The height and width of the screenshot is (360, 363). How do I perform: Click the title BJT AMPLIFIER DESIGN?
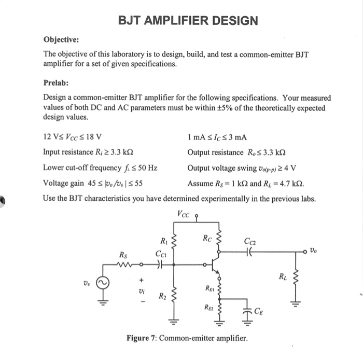[188, 21]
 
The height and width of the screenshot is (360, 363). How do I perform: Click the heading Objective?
[61, 39]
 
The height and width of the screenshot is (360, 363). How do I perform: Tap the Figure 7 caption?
[187, 338]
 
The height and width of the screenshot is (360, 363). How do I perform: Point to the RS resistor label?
[123, 255]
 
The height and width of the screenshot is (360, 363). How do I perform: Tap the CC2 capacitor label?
[249, 240]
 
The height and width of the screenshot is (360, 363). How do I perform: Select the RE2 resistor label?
[210, 308]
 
